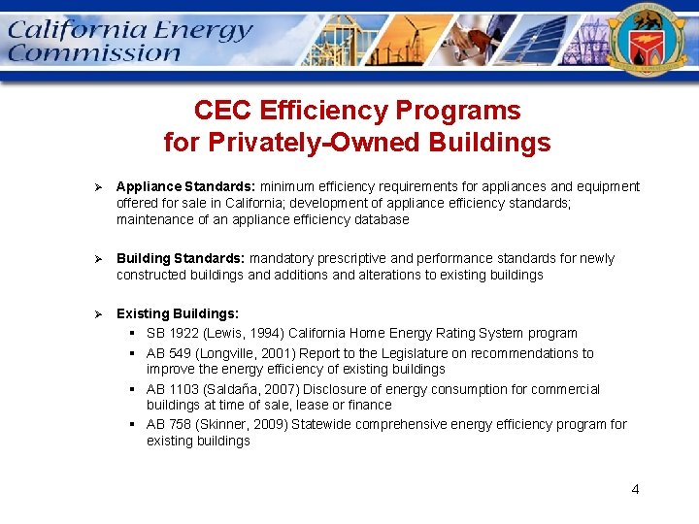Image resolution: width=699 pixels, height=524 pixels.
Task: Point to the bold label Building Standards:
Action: (182, 258)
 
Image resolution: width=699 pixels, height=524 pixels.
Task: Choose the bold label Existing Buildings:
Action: (178, 313)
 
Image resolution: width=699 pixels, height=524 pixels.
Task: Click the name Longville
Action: (230, 353)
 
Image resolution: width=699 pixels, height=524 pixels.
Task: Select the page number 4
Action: (635, 489)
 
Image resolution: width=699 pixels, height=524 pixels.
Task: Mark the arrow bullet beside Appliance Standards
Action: (96, 186)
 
